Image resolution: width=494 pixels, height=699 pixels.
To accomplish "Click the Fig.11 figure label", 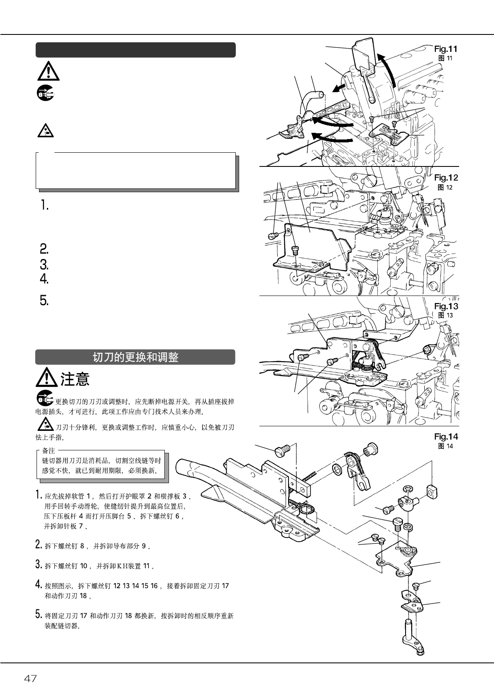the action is pos(445,49).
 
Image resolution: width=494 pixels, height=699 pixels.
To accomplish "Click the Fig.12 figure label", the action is pos(446,178).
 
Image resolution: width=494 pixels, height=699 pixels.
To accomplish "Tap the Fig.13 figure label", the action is pos(446,306).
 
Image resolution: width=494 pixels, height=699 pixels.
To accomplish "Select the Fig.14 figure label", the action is pos(446,436).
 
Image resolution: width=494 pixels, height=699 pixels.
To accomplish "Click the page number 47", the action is pos(30,679).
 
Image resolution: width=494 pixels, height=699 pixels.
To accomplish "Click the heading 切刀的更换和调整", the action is pos(135,357).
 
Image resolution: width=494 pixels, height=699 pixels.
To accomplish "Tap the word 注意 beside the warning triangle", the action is pos(75,379).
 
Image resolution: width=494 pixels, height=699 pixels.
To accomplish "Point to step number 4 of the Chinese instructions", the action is pos(39,586).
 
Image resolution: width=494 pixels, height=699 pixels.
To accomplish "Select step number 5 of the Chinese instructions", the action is pos(39,614).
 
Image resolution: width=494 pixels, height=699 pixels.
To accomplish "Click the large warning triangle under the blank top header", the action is pos(48,71).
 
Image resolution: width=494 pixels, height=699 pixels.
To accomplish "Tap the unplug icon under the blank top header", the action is pos(45,93).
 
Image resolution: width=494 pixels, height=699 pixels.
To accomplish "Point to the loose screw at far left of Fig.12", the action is pos(272,235).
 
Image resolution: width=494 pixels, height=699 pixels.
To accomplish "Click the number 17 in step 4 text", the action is pos(225,586).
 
